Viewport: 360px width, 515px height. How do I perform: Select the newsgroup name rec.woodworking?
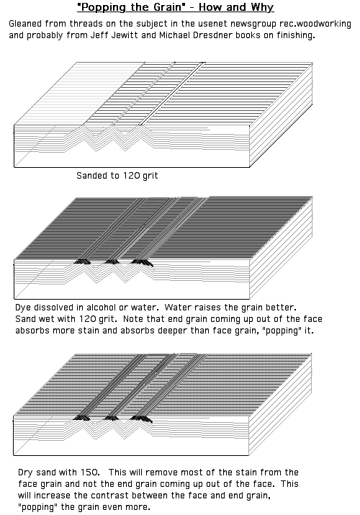tap(315, 24)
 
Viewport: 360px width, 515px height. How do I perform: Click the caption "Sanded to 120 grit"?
tap(117, 176)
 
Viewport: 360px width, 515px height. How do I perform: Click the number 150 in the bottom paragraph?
tap(89, 473)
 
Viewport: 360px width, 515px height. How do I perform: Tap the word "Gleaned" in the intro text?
tap(25, 24)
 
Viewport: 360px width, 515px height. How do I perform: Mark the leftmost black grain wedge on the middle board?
tap(82, 261)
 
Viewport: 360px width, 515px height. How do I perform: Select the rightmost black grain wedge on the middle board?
tap(142, 262)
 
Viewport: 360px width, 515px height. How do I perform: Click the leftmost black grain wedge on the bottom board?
tap(81, 418)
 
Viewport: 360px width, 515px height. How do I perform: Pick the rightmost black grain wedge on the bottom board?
tap(141, 418)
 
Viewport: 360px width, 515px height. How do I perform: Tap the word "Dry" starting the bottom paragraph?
tap(25, 473)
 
